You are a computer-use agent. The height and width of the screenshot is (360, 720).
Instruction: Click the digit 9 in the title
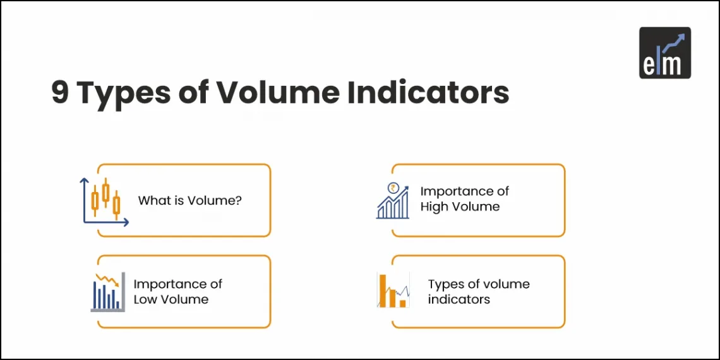tap(61, 93)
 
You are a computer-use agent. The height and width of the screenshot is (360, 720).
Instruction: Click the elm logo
tap(664, 52)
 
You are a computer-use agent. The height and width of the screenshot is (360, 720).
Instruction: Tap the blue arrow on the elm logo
tap(674, 40)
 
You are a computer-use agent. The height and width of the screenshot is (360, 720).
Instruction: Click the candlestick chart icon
tap(105, 201)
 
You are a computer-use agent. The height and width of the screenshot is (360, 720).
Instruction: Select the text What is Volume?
tap(190, 201)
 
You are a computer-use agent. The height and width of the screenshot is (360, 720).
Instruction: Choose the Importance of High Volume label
tap(464, 199)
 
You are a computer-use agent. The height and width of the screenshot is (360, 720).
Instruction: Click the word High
tap(434, 207)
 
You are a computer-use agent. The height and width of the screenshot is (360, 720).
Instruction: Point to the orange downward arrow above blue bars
tap(108, 279)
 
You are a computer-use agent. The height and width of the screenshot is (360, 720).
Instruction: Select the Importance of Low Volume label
tap(177, 292)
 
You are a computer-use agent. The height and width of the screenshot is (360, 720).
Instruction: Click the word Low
tap(145, 299)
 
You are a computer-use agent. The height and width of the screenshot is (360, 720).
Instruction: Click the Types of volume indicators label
tap(479, 292)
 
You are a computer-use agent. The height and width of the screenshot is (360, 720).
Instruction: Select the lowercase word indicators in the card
tap(459, 299)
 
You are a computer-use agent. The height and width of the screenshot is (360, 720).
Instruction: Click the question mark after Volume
tap(239, 201)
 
